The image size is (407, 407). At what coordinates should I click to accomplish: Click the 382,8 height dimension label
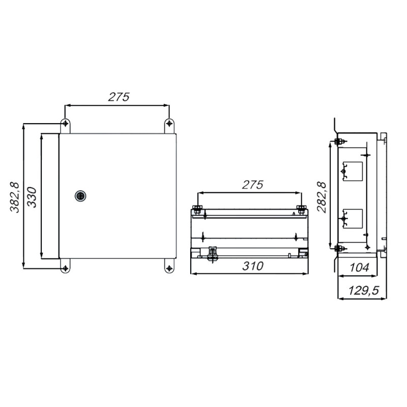pyautogui.click(x=15, y=197)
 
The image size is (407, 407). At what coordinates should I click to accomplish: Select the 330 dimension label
pyautogui.click(x=32, y=197)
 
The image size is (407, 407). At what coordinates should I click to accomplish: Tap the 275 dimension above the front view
pyautogui.click(x=119, y=97)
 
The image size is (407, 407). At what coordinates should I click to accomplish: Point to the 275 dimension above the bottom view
pyautogui.click(x=252, y=185)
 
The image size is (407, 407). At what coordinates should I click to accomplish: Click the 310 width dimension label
pyautogui.click(x=253, y=266)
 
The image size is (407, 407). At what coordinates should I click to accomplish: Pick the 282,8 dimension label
pyautogui.click(x=322, y=197)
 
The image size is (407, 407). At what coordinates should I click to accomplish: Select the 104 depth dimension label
pyautogui.click(x=359, y=268)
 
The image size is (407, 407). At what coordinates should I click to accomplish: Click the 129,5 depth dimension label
pyautogui.click(x=364, y=290)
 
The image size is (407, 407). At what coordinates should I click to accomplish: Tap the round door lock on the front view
pyautogui.click(x=80, y=196)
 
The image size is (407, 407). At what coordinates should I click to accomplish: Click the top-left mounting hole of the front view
pyautogui.click(x=66, y=123)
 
